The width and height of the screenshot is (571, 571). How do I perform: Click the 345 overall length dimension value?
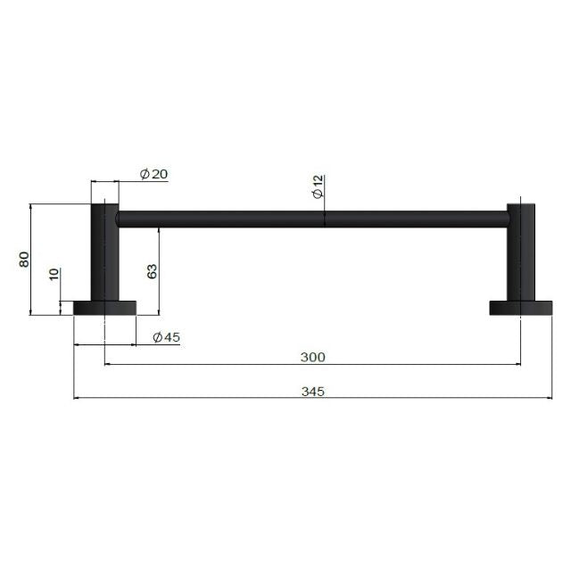[312, 391]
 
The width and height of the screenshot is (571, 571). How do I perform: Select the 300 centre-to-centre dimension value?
[312, 357]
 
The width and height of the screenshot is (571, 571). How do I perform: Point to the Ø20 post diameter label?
[154, 174]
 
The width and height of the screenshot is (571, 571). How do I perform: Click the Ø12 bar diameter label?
[318, 187]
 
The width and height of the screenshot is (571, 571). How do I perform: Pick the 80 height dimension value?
[25, 259]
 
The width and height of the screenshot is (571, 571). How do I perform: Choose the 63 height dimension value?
[152, 271]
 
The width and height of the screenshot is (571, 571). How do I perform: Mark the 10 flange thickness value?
[54, 275]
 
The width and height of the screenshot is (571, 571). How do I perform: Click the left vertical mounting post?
[104, 253]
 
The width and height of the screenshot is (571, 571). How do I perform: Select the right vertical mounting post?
[520, 253]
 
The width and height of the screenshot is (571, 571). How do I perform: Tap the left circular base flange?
[104, 308]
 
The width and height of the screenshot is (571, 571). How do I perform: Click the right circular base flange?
[520, 308]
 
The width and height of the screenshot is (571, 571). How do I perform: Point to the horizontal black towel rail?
[312, 219]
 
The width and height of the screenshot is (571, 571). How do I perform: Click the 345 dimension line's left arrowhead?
[78, 398]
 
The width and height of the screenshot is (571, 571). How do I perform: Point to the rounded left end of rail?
[122, 219]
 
